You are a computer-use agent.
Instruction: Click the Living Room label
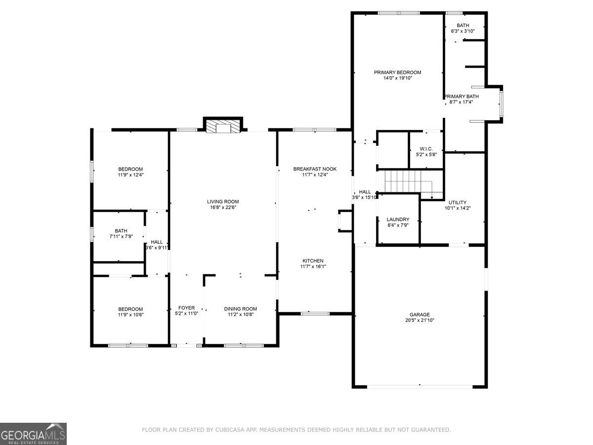(222, 201)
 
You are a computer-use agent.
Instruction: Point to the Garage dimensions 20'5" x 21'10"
(419, 320)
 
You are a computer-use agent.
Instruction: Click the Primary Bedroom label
(397, 72)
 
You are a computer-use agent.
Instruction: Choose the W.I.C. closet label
(426, 148)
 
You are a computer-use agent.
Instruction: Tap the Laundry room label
(398, 219)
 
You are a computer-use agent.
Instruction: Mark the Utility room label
(457, 202)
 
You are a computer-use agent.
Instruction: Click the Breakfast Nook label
(314, 169)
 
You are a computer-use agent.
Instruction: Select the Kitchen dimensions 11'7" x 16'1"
(313, 267)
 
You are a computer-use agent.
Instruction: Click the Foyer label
(186, 308)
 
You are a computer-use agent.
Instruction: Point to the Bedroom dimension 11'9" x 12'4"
(130, 175)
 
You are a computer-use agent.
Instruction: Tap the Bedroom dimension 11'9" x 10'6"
(130, 314)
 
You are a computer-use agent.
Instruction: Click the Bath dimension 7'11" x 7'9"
(121, 237)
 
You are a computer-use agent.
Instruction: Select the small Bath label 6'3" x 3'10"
(463, 31)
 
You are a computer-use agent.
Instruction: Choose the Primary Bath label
(462, 96)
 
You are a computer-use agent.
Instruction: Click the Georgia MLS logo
(33, 434)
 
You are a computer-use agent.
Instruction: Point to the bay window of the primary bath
(501, 103)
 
